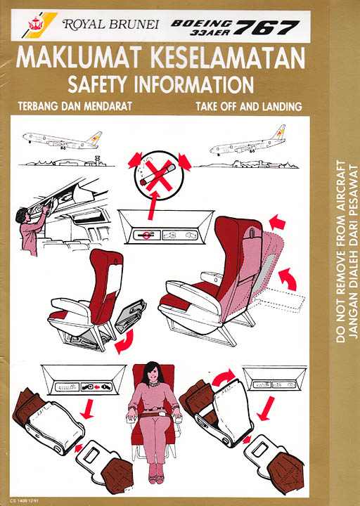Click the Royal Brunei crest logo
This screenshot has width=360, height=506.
point(34,24)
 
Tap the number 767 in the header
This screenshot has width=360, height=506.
point(267,27)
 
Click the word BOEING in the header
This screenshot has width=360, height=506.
point(202,23)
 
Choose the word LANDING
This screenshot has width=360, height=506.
point(282,106)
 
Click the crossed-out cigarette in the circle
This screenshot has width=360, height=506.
point(159,176)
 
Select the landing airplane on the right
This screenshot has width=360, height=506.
point(247,142)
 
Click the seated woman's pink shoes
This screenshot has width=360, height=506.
point(156,477)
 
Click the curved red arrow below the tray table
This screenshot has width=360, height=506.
point(125,342)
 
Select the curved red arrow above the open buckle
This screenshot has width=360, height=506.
point(224,377)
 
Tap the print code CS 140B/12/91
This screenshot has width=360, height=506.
point(24,500)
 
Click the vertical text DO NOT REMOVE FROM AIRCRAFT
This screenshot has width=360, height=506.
point(340,251)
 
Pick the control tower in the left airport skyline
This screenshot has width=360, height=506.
point(96,161)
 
